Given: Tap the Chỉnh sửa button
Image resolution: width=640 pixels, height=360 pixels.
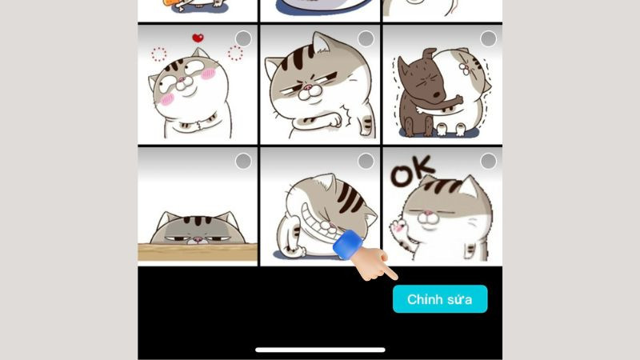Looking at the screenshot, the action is tap(440, 299).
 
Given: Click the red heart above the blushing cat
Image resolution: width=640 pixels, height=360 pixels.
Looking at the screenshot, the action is tap(198, 38).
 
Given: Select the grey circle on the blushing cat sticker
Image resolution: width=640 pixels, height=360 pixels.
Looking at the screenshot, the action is tap(243, 38).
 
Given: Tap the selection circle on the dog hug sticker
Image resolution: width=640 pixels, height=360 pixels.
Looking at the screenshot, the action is tap(488, 38).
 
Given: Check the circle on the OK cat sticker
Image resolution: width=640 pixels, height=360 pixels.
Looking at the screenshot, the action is tap(488, 162).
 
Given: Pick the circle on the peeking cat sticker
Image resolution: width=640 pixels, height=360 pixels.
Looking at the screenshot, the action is tap(243, 162).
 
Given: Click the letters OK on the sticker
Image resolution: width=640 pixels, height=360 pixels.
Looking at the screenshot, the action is tap(411, 171).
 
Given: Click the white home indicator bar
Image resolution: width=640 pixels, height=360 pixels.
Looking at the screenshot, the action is tap(320, 350).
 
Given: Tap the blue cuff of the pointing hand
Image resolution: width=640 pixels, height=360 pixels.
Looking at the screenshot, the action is tap(348, 244).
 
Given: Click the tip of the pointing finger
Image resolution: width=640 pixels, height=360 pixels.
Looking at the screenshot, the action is tap(395, 278).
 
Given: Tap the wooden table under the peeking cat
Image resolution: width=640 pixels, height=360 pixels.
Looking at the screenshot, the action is tap(198, 251).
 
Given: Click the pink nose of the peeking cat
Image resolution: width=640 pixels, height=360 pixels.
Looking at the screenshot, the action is tap(198, 238).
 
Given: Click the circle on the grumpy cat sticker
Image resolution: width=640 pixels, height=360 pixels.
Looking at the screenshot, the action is tap(366, 38).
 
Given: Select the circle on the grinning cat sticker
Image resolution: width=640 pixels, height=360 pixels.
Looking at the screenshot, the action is tap(366, 162).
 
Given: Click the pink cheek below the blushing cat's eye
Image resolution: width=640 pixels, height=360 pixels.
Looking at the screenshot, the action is tap(167, 99).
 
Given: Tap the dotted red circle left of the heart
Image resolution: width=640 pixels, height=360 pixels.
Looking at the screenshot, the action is tap(158, 54).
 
